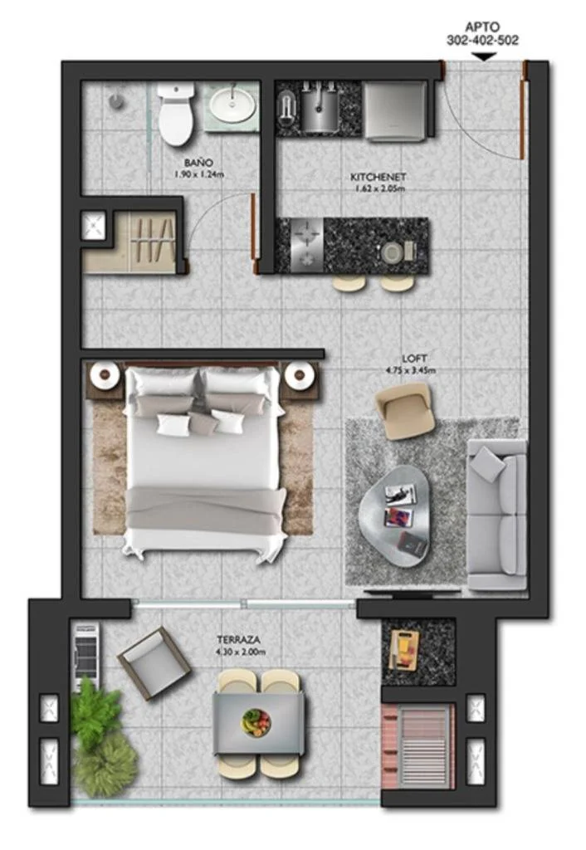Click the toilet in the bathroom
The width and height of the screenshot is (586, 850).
point(176,113)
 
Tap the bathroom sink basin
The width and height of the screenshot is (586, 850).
point(233,105)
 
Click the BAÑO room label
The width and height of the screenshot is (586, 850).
point(198,163)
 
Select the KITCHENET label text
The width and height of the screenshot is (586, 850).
point(378,178)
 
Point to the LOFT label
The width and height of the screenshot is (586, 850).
point(414,359)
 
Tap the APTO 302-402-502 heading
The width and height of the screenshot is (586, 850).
point(482,33)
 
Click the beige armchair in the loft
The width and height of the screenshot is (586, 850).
point(405,410)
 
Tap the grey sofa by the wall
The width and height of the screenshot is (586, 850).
point(497,515)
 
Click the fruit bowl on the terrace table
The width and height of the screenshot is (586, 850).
point(256,722)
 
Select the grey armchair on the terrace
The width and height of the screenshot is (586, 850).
point(154,663)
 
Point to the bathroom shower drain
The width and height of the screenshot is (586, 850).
point(115,100)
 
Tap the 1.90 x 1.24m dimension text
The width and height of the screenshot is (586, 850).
point(198,174)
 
